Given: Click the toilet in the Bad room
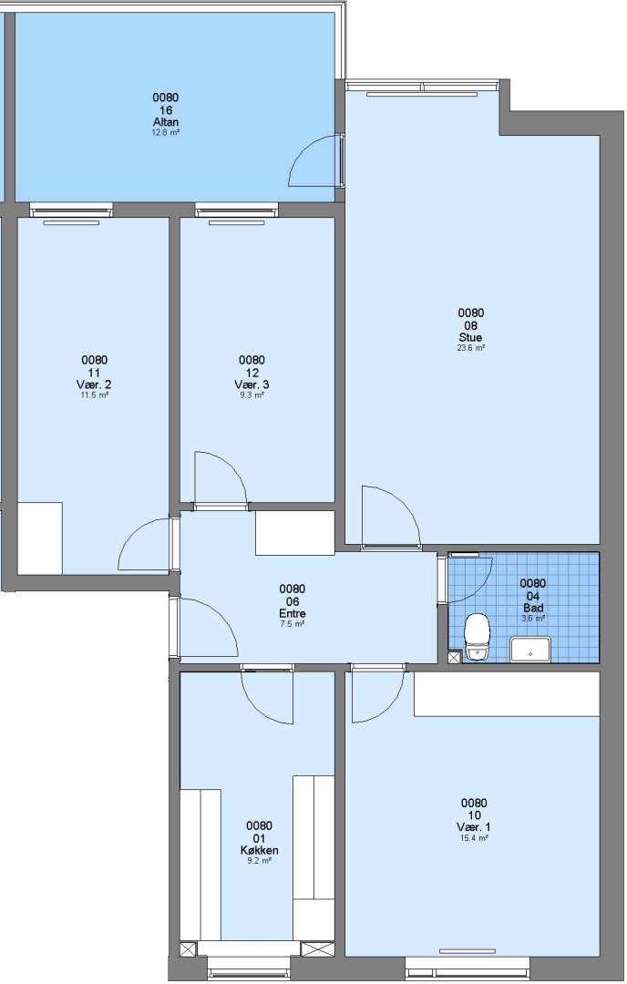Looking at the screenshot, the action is (477, 637).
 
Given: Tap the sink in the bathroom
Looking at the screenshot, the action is (530, 650).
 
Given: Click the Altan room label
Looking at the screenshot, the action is (166, 121).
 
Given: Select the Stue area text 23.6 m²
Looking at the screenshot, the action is (471, 348).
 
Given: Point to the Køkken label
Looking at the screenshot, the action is (259, 850).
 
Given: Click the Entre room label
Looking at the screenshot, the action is (293, 613).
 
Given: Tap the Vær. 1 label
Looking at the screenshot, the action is (474, 827).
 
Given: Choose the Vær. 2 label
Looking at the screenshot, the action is (94, 384).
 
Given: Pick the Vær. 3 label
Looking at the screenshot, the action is (251, 384).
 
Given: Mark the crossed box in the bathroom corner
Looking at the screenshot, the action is (455, 657).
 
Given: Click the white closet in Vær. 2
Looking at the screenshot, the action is (39, 538).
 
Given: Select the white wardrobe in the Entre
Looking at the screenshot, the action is (295, 532).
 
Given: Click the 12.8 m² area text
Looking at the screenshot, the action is (166, 132).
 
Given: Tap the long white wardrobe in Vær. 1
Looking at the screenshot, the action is (507, 693).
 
